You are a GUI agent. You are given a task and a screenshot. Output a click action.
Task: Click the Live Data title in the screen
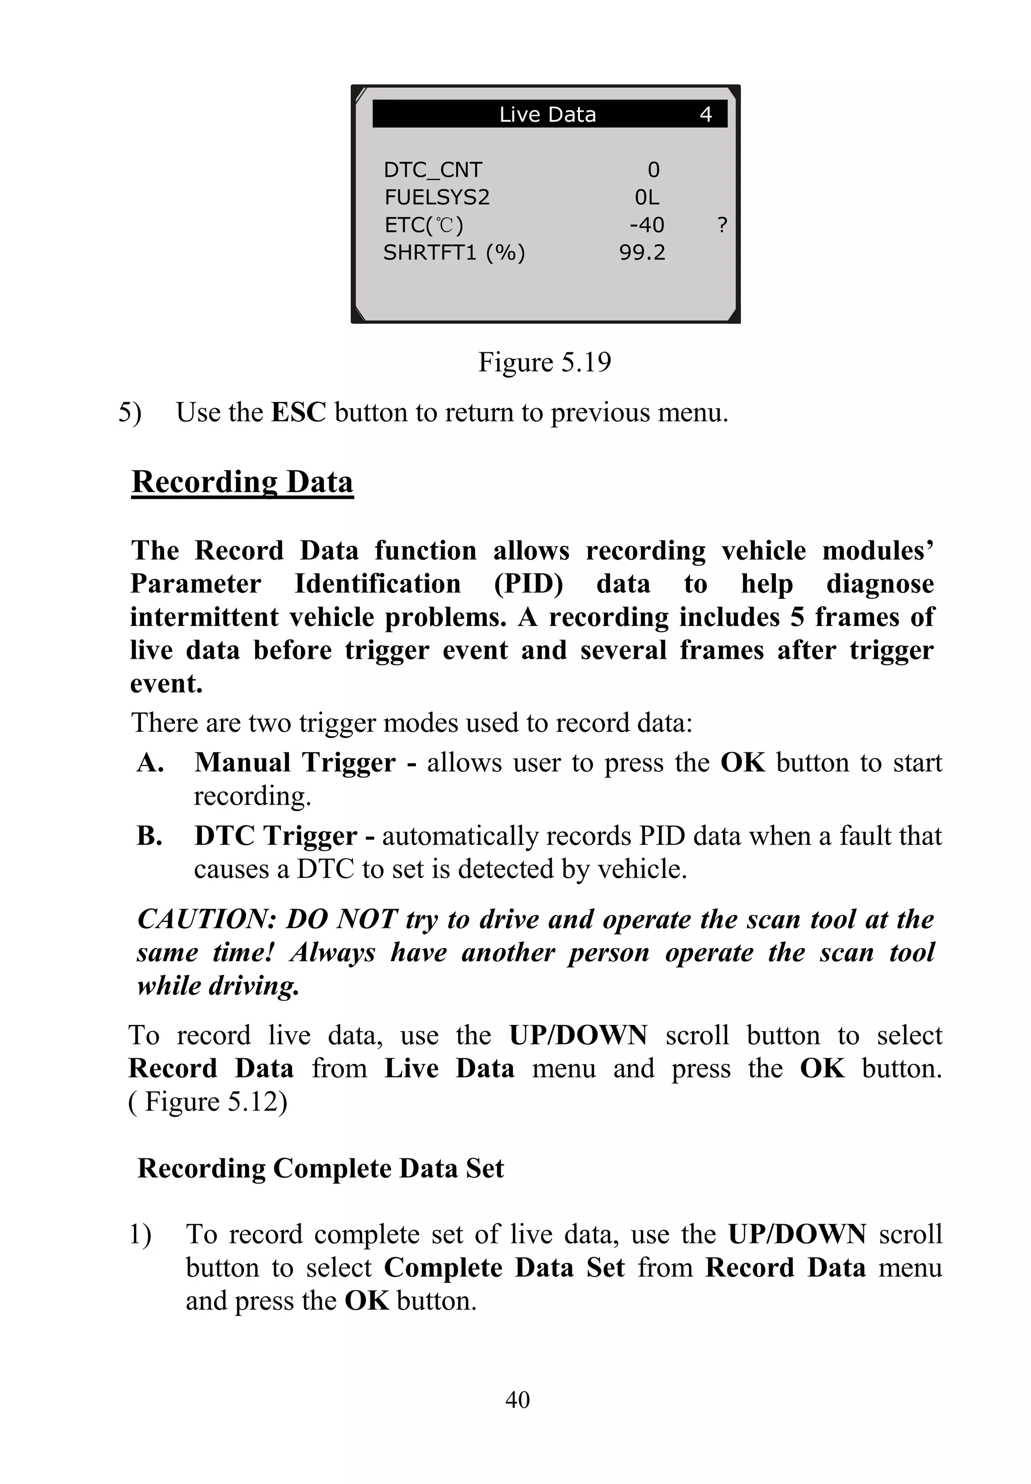point(547,114)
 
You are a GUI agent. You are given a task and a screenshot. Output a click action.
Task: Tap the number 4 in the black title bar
point(705,114)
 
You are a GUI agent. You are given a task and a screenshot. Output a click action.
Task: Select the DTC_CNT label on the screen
point(433,170)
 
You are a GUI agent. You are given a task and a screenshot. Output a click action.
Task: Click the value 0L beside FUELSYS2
point(646,197)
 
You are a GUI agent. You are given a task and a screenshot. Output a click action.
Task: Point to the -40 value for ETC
point(646,225)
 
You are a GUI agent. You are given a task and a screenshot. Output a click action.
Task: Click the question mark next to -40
point(722,225)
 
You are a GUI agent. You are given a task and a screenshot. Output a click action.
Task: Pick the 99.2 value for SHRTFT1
point(642,253)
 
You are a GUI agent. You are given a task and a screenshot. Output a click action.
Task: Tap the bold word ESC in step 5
point(299,412)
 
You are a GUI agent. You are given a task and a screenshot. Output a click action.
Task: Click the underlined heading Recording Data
point(242,482)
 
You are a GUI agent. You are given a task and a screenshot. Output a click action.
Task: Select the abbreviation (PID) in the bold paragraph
point(529,584)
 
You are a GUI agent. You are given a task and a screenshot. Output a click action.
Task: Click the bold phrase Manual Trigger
point(294,763)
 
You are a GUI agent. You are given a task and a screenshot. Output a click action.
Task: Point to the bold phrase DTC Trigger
point(276,836)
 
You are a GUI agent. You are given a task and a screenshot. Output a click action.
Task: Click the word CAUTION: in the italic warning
point(207,919)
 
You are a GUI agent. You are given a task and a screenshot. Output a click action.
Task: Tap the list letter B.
point(149,836)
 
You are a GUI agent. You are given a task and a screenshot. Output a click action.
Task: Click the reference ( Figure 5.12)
point(208,1101)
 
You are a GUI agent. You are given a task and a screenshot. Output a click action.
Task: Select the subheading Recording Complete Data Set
point(320,1168)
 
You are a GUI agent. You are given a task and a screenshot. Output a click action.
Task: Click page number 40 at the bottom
point(518,1399)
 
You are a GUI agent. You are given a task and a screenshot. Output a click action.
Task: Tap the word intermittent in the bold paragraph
point(204,617)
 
